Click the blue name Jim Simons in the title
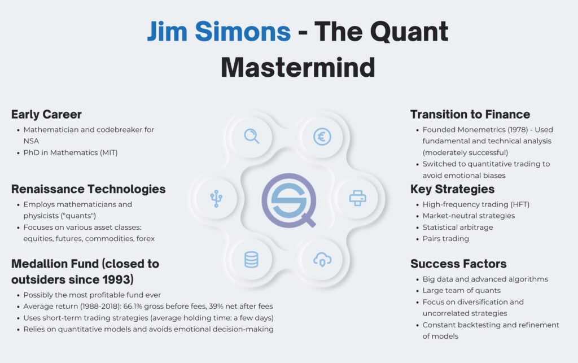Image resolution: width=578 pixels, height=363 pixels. (218, 32)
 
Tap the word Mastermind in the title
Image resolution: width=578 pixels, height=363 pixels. (297, 67)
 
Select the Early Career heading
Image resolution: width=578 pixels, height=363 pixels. (46, 115)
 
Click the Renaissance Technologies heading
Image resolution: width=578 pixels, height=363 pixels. (89, 189)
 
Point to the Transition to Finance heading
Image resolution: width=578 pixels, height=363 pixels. (470, 115)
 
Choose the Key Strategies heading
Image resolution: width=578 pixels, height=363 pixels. (452, 189)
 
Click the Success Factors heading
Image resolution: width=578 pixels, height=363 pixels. (458, 264)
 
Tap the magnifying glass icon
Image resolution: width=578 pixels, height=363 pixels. (251, 136)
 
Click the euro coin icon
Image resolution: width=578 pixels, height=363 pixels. (322, 136)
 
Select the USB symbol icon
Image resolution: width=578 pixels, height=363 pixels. (216, 198)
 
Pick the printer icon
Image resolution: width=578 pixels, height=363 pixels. (358, 198)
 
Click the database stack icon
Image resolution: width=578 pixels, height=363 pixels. (251, 260)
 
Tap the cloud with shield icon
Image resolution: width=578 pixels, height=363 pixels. (322, 260)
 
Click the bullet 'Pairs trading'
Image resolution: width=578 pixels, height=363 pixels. (445, 238)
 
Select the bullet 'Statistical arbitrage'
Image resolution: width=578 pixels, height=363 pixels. (458, 227)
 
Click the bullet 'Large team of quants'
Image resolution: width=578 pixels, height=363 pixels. (461, 290)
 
